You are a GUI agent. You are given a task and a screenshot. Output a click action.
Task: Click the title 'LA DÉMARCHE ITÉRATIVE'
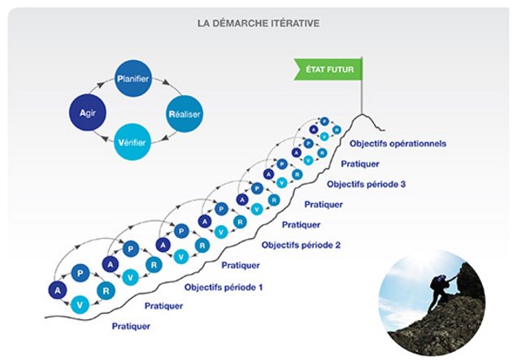(258, 23)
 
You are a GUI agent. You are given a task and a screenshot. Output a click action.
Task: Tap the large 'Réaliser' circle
(184, 114)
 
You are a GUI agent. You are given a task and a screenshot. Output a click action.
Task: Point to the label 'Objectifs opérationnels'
(398, 143)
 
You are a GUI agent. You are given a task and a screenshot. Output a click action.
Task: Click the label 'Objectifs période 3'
(365, 184)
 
